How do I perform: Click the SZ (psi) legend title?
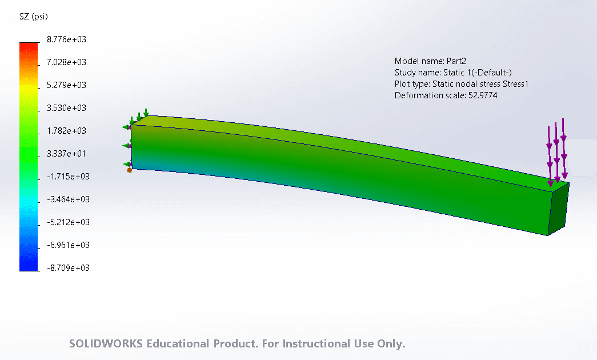(x=34, y=17)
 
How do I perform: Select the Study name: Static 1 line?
(x=453, y=73)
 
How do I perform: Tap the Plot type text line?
(x=462, y=84)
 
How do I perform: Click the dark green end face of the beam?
(x=558, y=209)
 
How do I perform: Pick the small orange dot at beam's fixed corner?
(x=130, y=170)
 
